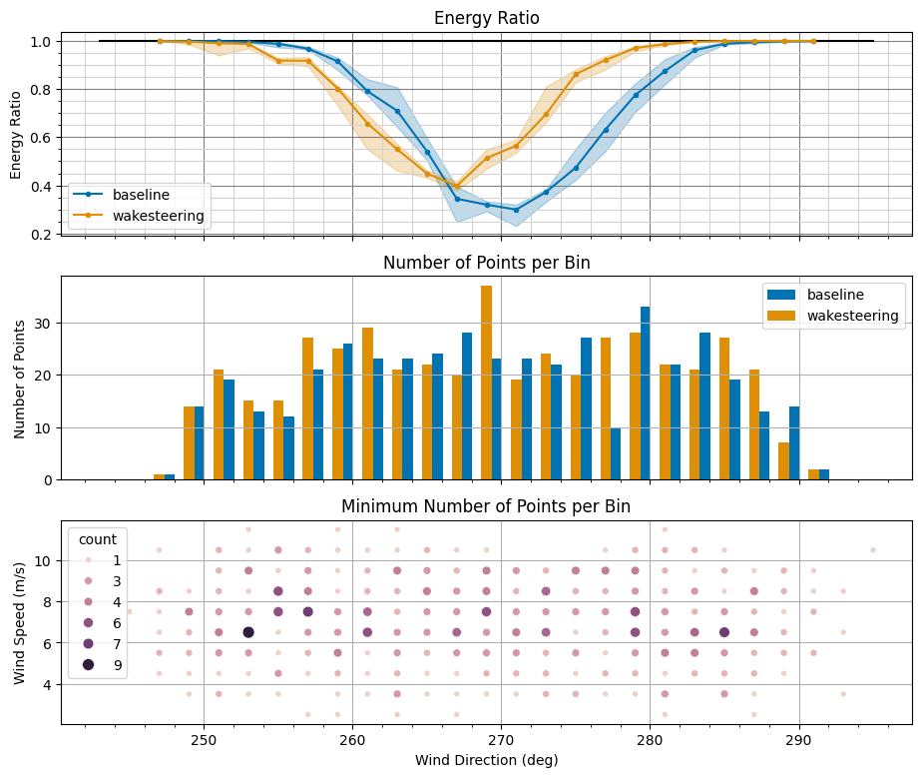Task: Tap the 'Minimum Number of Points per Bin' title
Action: tap(486, 506)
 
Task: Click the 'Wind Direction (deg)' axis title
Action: tap(486, 760)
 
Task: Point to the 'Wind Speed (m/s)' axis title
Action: tap(20, 622)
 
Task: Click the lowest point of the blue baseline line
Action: tap(516, 210)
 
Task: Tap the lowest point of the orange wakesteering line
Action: tap(457, 187)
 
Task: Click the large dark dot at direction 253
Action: tap(248, 632)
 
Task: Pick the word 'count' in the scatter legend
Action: tap(98, 538)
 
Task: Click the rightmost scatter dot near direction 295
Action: tap(873, 549)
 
